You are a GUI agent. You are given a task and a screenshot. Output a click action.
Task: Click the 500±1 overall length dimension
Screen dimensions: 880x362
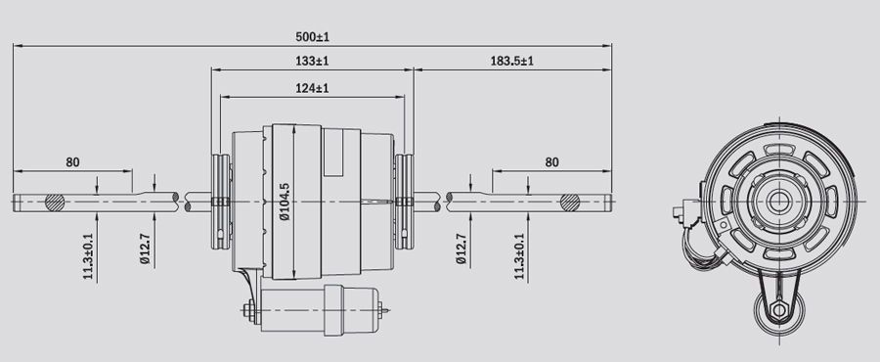coord(312,37)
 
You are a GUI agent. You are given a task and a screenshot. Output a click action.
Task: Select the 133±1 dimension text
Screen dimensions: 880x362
coord(312,62)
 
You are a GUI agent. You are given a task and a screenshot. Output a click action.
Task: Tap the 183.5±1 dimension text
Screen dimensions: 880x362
coord(511,62)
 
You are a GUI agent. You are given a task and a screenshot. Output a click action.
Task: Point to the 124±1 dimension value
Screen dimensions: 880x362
coord(312,88)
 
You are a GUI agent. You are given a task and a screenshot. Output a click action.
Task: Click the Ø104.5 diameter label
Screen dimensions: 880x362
coord(285,202)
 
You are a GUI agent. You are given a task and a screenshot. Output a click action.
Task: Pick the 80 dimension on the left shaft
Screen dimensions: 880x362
coord(72,162)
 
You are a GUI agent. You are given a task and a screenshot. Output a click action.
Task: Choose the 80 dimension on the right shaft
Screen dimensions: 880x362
coord(552,162)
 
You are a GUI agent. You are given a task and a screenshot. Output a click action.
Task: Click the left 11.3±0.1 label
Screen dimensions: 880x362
coord(88,256)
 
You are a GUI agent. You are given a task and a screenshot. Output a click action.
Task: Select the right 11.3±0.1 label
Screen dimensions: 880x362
coord(518,256)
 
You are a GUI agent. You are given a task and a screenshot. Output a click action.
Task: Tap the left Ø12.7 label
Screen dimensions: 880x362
coord(146,249)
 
